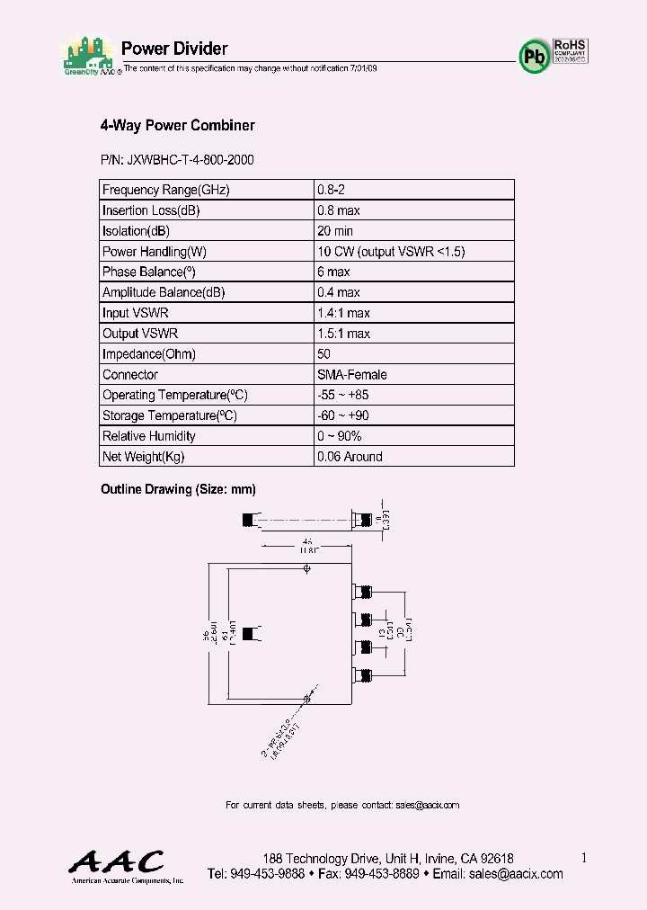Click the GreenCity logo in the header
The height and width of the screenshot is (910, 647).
89,57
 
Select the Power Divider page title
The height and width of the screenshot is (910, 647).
173,49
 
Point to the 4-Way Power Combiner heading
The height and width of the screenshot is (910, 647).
177,126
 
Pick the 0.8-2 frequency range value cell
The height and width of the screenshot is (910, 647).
332,190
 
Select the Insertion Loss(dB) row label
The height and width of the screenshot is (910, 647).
151,210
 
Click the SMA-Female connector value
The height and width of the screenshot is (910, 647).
351,375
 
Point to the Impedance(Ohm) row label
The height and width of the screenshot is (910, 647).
149,354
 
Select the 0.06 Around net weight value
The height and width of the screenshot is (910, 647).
350,457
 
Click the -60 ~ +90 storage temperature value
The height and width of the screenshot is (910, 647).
343,415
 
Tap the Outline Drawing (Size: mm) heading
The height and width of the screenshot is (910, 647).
178,489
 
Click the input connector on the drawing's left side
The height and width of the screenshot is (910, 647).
248,632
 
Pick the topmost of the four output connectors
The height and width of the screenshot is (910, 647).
364,592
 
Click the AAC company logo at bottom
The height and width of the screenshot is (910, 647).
117,863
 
